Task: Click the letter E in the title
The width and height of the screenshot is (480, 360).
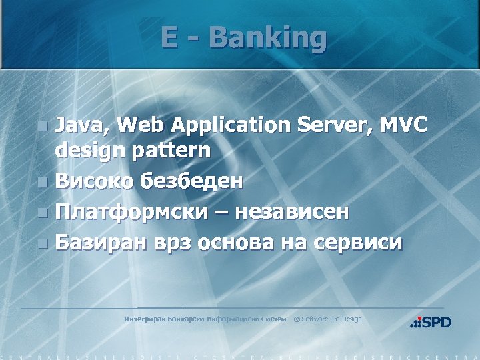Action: [169, 38]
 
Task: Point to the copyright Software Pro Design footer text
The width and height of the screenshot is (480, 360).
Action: [328, 319]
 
